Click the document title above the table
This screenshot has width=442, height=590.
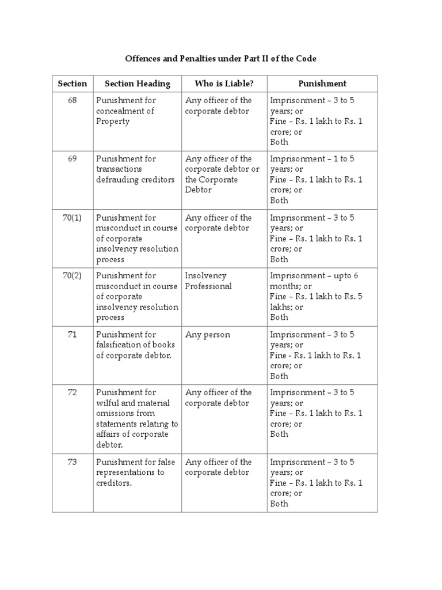pos(221,59)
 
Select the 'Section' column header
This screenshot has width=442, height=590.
pos(73,84)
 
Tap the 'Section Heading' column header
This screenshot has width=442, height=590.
pos(138,84)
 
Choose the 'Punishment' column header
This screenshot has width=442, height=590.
pos(322,84)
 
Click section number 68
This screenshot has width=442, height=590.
pos(73,100)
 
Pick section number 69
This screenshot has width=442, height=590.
pos(73,158)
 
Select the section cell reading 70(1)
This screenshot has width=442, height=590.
pos(73,217)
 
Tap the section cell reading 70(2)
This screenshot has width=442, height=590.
pos(73,275)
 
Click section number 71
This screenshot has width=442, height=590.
pos(73,334)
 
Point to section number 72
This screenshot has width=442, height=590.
pos(73,392)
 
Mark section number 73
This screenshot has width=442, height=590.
pos(73,462)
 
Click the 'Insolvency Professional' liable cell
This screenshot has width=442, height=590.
pos(208,281)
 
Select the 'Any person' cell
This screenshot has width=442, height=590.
pos(207,334)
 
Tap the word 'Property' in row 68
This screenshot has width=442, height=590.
pos(113,122)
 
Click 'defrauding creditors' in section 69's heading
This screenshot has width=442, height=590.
pos(135,180)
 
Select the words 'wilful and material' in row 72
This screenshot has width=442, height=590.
pos(132,403)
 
